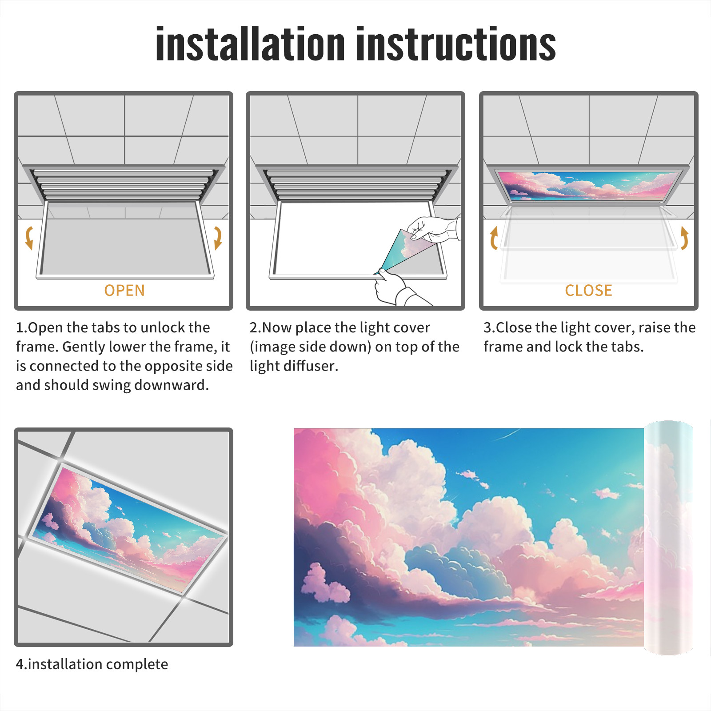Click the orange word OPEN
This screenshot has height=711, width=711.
[124, 290]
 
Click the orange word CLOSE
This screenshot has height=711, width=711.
[588, 290]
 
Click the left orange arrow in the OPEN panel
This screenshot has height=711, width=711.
[29, 238]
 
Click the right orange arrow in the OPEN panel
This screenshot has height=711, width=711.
[218, 238]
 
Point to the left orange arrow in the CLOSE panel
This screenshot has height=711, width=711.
[494, 238]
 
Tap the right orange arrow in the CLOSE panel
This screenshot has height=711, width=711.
[684, 238]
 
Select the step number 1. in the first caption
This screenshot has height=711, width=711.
[21, 328]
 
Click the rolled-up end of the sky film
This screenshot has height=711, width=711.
[668, 538]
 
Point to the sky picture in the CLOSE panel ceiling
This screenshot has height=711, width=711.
[588, 184]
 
